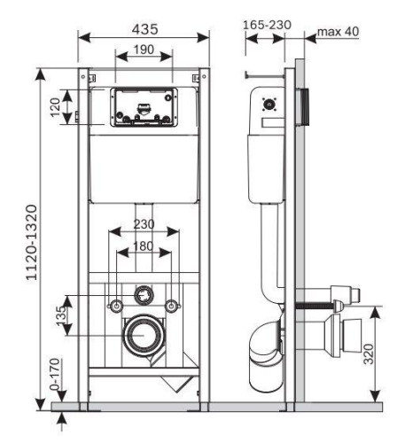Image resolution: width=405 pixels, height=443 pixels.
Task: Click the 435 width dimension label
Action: (144, 28)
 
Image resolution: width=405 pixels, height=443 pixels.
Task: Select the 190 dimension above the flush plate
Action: (144, 51)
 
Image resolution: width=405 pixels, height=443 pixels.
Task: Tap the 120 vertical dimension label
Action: (55, 107)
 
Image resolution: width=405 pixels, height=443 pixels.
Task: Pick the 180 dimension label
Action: (144, 245)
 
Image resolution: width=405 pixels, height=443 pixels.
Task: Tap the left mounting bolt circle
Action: (114, 306)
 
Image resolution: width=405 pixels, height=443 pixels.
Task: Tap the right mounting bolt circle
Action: (174, 306)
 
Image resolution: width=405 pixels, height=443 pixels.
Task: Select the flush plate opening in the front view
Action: (144, 107)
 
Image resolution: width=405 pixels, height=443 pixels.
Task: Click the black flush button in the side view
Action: (307, 106)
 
